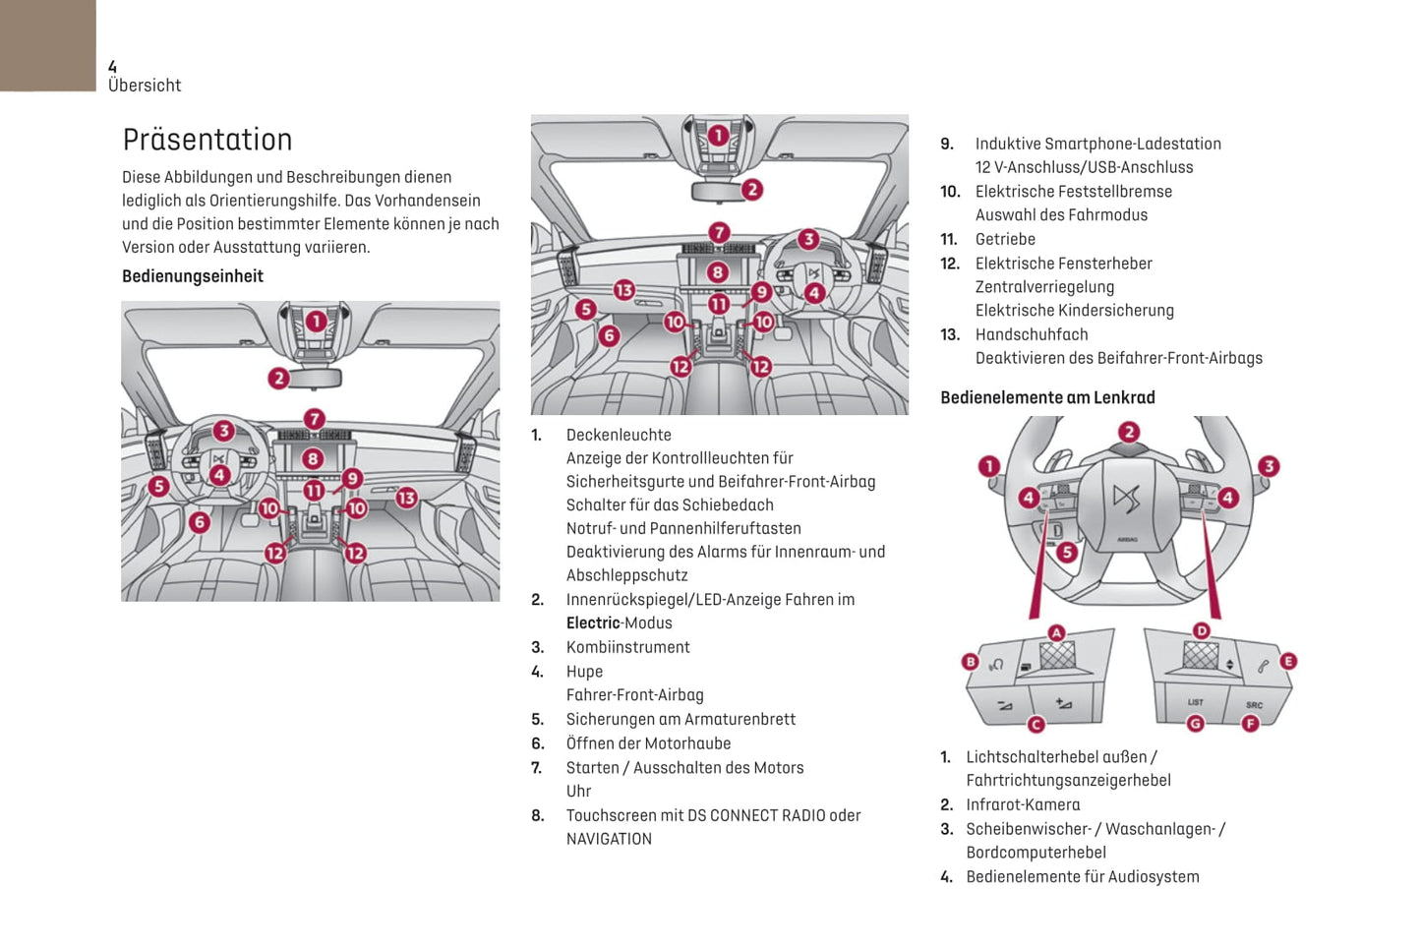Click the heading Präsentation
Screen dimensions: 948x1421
(207, 140)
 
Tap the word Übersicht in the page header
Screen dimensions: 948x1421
(145, 86)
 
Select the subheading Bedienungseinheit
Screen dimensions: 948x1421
(193, 276)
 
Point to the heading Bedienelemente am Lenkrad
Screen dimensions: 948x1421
(1047, 397)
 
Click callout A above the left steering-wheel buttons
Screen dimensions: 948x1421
(1056, 632)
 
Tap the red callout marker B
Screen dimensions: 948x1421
(971, 662)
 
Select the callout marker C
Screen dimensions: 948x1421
(1036, 724)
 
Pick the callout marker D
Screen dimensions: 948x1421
(1201, 630)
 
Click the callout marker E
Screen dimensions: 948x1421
(1287, 661)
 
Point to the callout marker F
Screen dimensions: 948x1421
(1250, 723)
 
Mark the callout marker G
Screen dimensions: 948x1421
(1195, 723)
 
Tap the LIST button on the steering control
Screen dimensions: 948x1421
(1195, 702)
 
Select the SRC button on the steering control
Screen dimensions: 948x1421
(1254, 704)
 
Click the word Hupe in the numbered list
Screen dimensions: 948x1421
(584, 672)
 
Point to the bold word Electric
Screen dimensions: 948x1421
(593, 622)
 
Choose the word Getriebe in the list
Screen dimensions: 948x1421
(1005, 239)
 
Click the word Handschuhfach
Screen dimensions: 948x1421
(1032, 334)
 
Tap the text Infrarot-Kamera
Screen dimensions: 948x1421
(1023, 804)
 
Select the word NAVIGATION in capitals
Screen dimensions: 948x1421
(609, 839)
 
